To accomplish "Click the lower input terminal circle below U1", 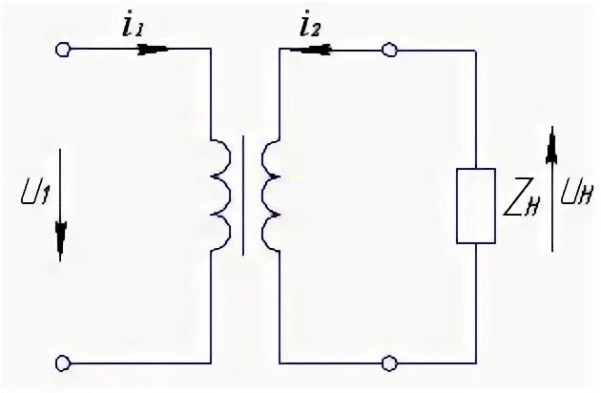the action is pyautogui.click(x=63, y=362).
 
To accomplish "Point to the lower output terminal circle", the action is pyautogui.click(x=388, y=362).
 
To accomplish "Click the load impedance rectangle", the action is pyautogui.click(x=475, y=205).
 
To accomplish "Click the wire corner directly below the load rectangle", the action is pyautogui.click(x=475, y=362).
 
